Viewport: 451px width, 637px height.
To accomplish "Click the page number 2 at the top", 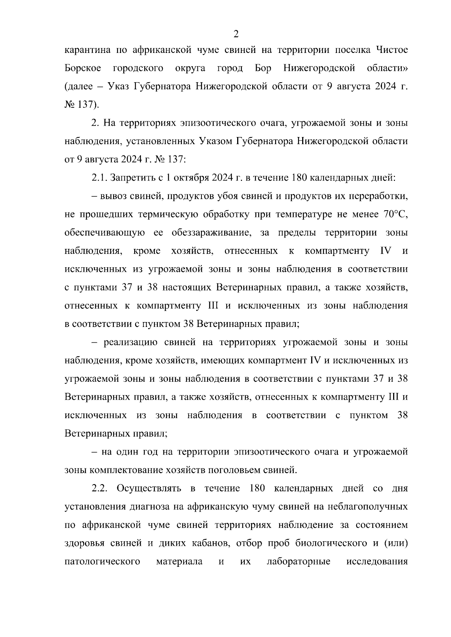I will pos(236,34).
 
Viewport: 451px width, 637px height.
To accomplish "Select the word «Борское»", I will pos(83,69).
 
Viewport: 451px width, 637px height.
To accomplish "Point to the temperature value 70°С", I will pos(395,214).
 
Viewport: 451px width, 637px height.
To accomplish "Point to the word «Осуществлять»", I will pos(149,488).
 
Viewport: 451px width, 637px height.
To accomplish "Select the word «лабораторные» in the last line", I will pos(298,562).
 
